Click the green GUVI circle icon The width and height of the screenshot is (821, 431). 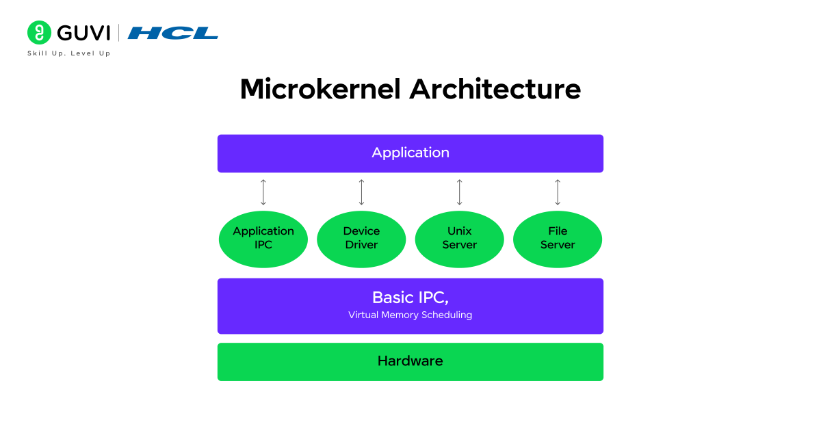click(x=40, y=33)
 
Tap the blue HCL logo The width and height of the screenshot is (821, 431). click(x=172, y=33)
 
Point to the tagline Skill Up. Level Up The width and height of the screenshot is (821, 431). click(x=68, y=53)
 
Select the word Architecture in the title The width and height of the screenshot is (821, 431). click(x=495, y=90)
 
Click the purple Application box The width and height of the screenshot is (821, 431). click(x=410, y=153)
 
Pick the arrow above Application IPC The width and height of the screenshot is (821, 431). click(x=263, y=192)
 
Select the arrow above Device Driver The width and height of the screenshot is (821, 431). click(x=361, y=192)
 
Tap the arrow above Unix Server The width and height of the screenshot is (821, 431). click(x=460, y=192)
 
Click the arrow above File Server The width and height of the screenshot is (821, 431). click(x=558, y=192)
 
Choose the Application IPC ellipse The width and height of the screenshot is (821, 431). click(x=263, y=239)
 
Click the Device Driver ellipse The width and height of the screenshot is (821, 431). click(x=361, y=239)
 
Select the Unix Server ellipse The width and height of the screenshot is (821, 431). click(x=460, y=239)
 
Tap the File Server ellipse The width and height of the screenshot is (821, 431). click(x=558, y=239)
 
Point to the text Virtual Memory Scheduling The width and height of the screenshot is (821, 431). click(x=410, y=315)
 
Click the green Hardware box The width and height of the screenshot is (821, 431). click(x=410, y=361)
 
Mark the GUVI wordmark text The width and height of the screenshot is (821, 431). click(x=84, y=33)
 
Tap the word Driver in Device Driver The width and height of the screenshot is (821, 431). click(x=361, y=245)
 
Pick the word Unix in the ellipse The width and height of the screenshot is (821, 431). click(x=460, y=231)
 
